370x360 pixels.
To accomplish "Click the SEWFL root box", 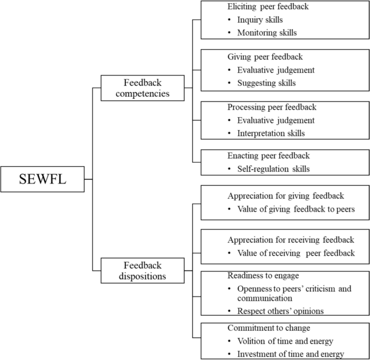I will tap(43, 179).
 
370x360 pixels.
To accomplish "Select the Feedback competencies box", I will tap(143, 87).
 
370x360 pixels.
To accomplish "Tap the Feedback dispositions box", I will tap(143, 270).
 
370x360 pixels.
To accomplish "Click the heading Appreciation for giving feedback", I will tap(286, 196).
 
